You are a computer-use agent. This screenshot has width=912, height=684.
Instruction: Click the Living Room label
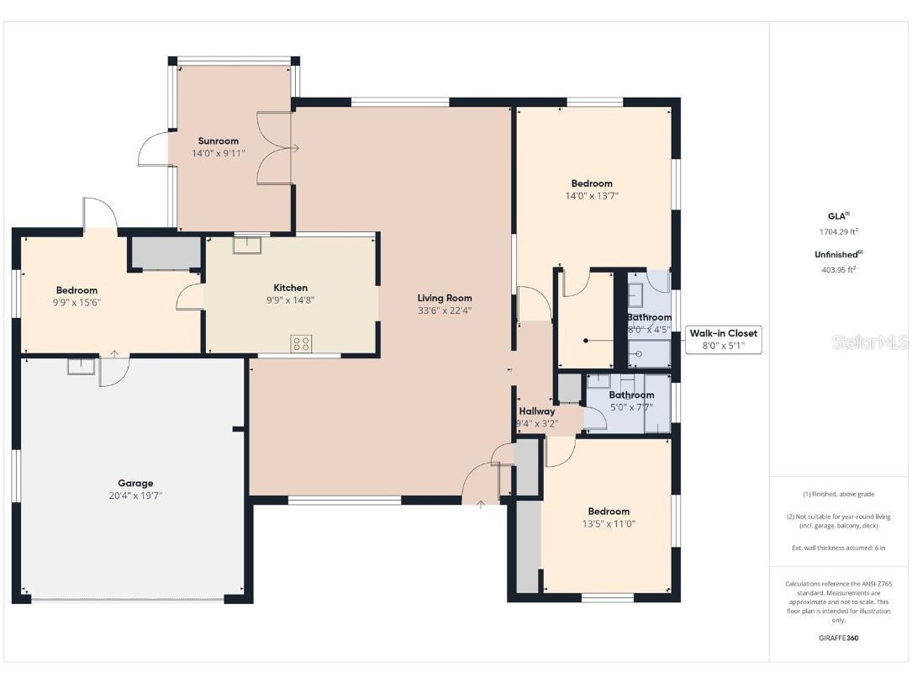(x=445, y=298)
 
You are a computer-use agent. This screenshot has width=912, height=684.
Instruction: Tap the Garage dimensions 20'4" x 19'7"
(x=135, y=496)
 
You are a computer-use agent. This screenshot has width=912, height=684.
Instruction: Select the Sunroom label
(x=219, y=141)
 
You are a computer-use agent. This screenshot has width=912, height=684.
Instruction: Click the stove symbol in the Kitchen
(x=301, y=342)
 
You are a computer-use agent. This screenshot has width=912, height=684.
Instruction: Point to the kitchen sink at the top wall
(x=247, y=244)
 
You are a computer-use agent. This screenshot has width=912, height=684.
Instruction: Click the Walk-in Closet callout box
(x=723, y=339)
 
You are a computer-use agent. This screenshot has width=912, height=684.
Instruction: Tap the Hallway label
(x=536, y=411)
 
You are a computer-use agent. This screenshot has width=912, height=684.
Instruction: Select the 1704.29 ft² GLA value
(x=838, y=231)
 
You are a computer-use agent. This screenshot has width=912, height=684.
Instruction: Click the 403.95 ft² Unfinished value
(x=838, y=270)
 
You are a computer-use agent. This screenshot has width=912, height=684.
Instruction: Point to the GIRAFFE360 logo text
(x=838, y=638)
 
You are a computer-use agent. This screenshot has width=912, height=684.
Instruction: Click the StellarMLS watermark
(x=869, y=342)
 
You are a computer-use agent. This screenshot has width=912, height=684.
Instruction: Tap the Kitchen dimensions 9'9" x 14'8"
(x=290, y=300)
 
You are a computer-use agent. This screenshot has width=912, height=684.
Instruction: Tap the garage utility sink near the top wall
(x=81, y=367)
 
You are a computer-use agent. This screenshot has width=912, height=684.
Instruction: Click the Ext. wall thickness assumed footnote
(x=838, y=548)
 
